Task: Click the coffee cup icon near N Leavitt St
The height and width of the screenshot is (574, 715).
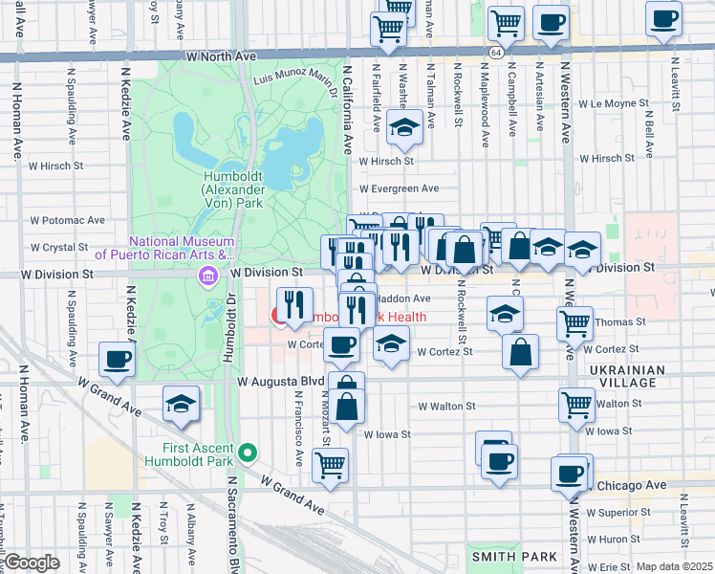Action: point(662,18)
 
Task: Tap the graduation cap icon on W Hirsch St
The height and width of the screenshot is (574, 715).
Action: point(404,127)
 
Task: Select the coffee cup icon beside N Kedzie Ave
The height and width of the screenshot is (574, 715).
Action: point(117,359)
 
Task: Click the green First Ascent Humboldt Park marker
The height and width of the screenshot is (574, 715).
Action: point(249,452)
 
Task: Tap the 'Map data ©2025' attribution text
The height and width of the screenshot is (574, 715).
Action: point(675,566)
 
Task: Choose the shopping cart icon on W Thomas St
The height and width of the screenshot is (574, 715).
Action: point(574,322)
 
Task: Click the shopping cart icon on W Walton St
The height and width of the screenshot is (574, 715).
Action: point(577,404)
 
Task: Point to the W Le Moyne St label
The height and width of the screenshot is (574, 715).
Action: point(619,102)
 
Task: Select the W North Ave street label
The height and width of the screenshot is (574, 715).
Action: point(222,56)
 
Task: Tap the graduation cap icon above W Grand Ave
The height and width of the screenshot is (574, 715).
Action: point(180,404)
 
